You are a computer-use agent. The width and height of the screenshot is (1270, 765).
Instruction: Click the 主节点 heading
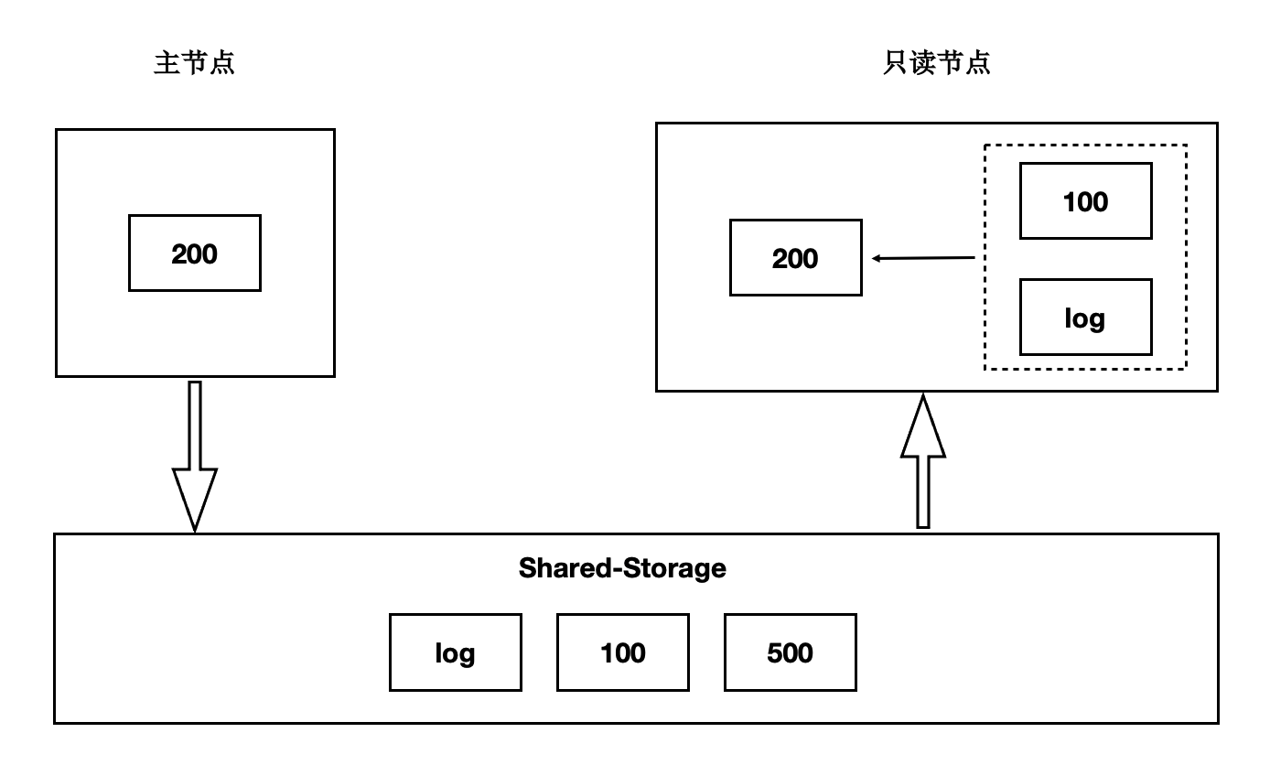[195, 63]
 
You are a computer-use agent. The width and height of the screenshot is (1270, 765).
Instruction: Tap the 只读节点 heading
[937, 63]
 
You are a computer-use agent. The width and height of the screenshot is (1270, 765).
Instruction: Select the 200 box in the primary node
[195, 253]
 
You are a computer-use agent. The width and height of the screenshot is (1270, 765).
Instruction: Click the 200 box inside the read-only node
[795, 258]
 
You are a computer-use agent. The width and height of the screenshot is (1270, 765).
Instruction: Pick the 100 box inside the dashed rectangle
[1085, 201]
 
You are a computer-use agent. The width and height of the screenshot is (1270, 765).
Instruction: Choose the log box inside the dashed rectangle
[1085, 318]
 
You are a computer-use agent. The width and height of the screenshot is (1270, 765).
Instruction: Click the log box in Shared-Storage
[455, 652]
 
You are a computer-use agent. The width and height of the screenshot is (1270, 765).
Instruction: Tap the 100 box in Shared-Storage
[622, 652]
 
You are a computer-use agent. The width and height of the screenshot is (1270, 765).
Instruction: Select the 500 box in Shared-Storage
[790, 652]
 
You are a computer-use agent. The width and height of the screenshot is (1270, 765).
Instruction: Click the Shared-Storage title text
[622, 568]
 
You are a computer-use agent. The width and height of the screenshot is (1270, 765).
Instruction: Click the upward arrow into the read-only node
[923, 462]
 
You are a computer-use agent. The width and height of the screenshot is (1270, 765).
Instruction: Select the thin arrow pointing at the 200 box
[922, 258]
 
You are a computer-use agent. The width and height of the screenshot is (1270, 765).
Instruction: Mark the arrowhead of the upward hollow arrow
[923, 428]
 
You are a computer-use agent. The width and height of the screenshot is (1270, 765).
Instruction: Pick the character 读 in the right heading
[923, 63]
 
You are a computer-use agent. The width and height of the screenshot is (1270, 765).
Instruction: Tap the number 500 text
[790, 652]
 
